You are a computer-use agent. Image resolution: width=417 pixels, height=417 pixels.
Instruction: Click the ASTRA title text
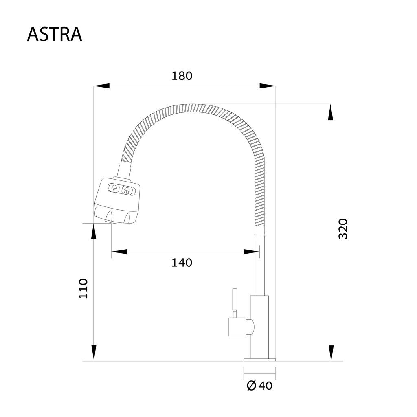click(x=55, y=34)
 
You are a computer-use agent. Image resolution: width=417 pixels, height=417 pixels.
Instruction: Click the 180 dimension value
click(x=182, y=76)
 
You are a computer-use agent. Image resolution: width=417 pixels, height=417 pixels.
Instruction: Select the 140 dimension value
click(x=182, y=263)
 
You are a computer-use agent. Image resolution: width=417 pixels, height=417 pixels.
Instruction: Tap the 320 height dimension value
click(x=343, y=229)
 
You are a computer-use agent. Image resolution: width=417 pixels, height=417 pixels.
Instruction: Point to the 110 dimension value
click(x=83, y=289)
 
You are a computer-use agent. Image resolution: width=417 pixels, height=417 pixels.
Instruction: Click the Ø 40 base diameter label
click(x=259, y=386)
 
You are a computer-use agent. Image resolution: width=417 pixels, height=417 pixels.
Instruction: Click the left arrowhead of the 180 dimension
click(x=101, y=86)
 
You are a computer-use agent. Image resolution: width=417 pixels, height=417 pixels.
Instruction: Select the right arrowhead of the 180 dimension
click(x=267, y=86)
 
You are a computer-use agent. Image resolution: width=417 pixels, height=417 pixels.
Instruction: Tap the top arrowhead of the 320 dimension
click(x=331, y=112)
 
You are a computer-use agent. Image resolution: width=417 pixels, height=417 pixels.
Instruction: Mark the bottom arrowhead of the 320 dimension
click(x=331, y=353)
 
